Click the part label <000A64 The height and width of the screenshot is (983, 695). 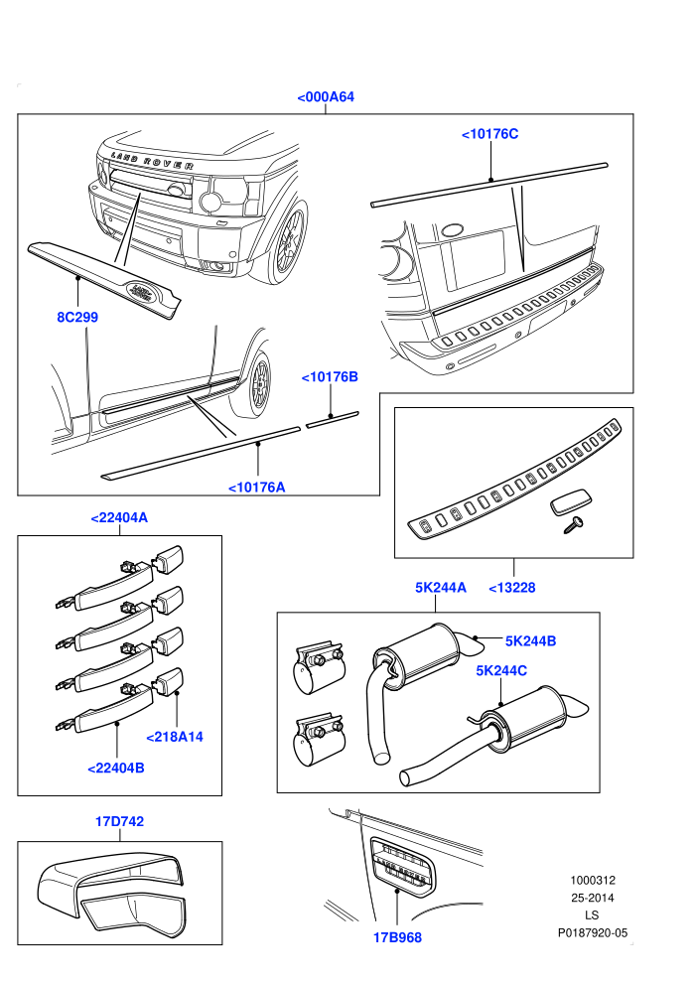click(326, 96)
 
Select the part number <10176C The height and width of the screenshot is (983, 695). click(490, 133)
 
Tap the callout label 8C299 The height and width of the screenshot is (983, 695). click(77, 317)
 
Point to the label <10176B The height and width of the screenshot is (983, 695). click(330, 376)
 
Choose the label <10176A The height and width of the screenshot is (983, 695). click(257, 488)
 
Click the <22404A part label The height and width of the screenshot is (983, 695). click(119, 518)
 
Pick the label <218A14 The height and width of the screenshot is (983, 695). click(175, 737)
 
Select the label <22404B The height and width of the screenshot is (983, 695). click(116, 768)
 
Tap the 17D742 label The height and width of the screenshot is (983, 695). click(119, 821)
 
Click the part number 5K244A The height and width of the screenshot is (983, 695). click(441, 588)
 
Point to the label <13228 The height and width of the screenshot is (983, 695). click(512, 588)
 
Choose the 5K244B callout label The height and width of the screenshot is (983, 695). click(531, 640)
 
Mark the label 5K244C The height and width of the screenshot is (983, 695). click(501, 670)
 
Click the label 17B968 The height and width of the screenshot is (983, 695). click(397, 937)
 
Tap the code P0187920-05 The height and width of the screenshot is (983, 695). click(593, 932)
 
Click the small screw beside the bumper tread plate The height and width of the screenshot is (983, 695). click(574, 524)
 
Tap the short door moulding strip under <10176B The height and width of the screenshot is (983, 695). click(333, 419)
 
